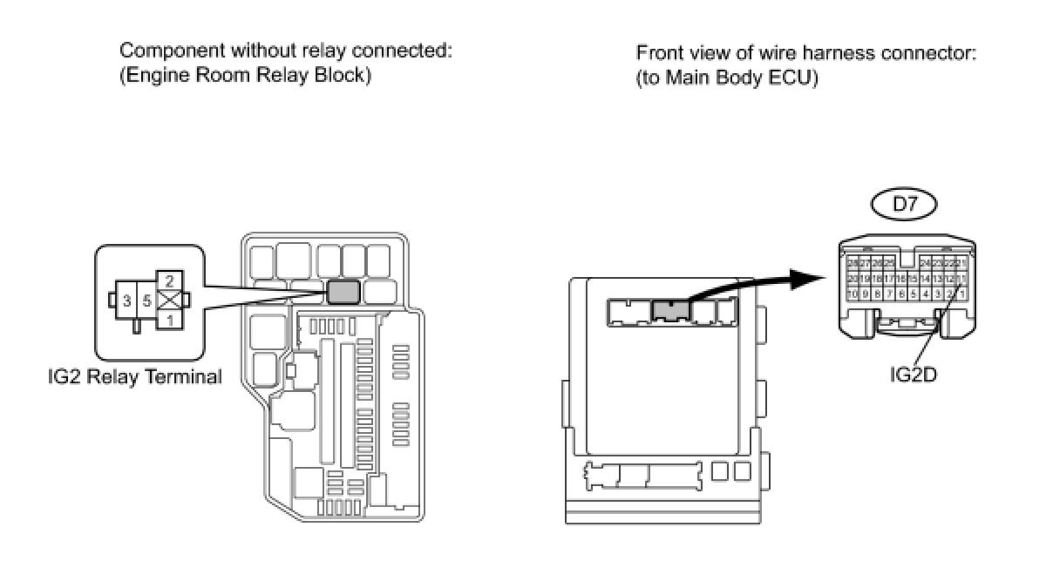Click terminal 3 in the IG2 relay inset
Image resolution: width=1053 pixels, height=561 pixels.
[x=127, y=301]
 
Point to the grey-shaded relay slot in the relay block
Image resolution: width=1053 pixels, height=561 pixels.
[x=343, y=289]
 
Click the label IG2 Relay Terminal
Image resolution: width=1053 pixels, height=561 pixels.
[x=135, y=377]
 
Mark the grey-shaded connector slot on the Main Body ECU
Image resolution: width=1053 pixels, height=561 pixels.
[x=669, y=309]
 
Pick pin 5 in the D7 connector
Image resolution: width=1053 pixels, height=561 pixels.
[x=913, y=294]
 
